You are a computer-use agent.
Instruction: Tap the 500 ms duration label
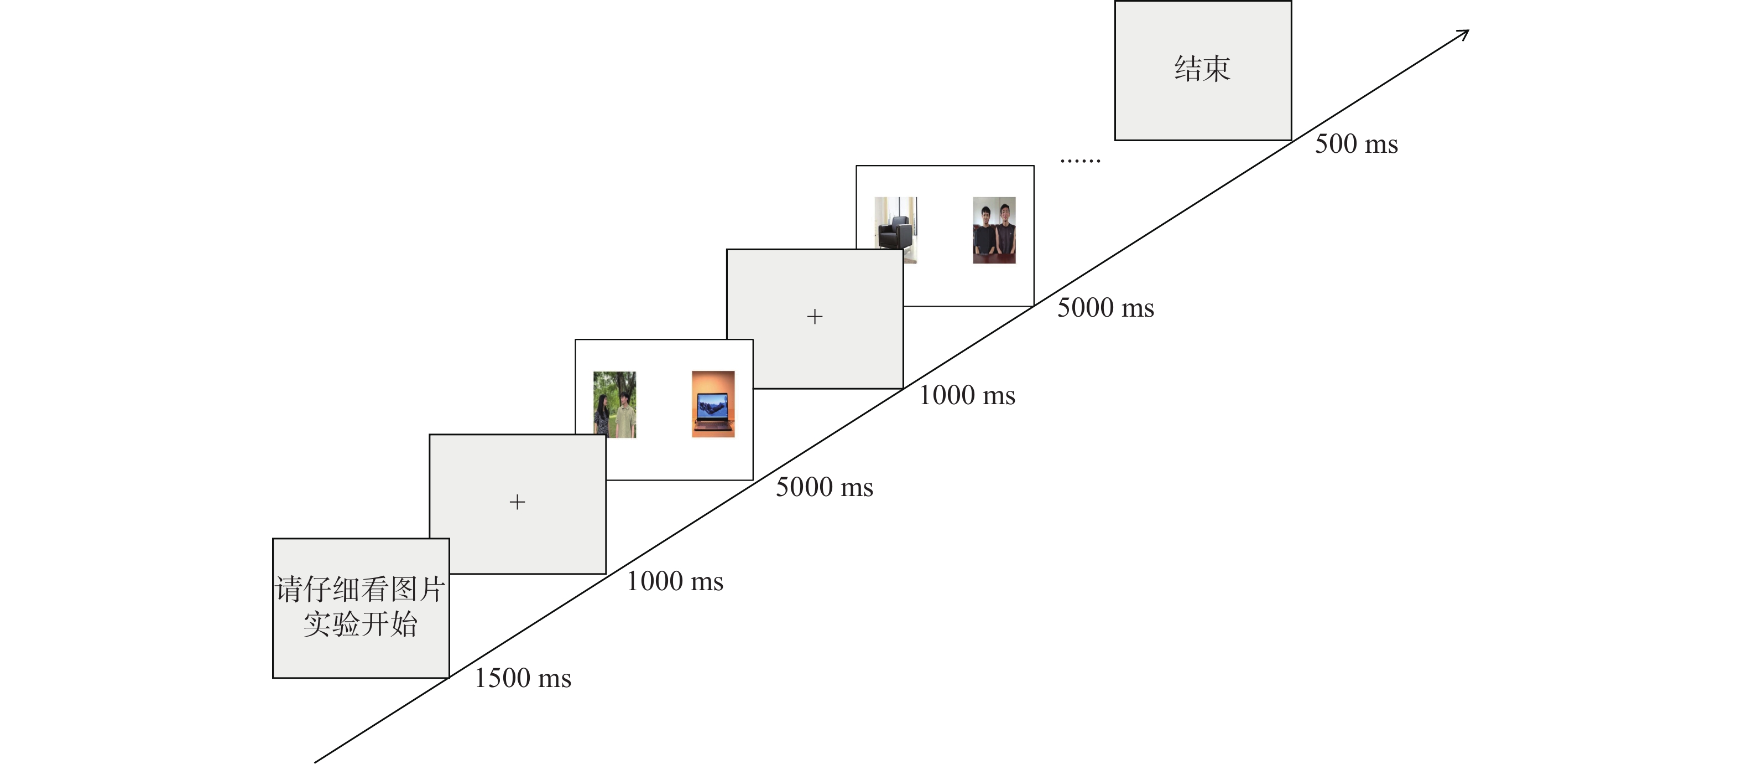(1356, 144)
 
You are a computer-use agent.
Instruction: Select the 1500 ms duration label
(523, 678)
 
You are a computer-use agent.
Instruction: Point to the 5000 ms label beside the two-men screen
(1105, 308)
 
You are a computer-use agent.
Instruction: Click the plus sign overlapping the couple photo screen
(517, 502)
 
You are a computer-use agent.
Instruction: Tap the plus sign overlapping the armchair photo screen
(815, 317)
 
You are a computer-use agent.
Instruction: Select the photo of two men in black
(994, 230)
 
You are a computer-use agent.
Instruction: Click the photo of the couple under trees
(615, 404)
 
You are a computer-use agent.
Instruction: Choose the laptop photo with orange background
(713, 404)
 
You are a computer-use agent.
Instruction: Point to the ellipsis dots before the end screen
(1080, 161)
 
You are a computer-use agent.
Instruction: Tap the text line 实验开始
(360, 624)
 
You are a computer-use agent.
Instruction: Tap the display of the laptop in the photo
(713, 405)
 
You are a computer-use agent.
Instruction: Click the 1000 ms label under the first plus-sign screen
(674, 581)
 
